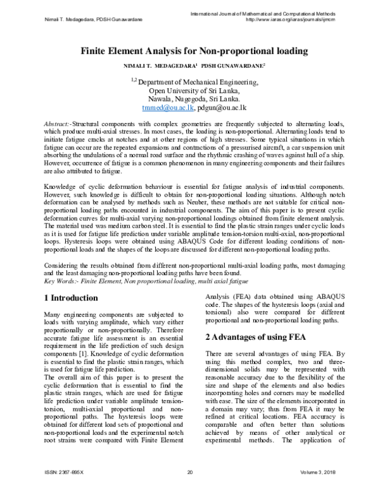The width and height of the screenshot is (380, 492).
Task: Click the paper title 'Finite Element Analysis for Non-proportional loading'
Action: coord(190,53)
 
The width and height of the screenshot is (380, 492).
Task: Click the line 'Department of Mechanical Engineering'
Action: coord(190,81)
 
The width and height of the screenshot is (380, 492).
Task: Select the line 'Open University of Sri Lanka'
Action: coord(190,90)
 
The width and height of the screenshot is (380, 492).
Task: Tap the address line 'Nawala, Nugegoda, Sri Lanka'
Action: coord(190,99)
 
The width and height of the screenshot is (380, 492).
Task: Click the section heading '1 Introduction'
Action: coord(72,297)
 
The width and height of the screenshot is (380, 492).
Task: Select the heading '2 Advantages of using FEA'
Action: coord(255,337)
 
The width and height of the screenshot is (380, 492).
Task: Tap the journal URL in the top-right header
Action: coord(294,20)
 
